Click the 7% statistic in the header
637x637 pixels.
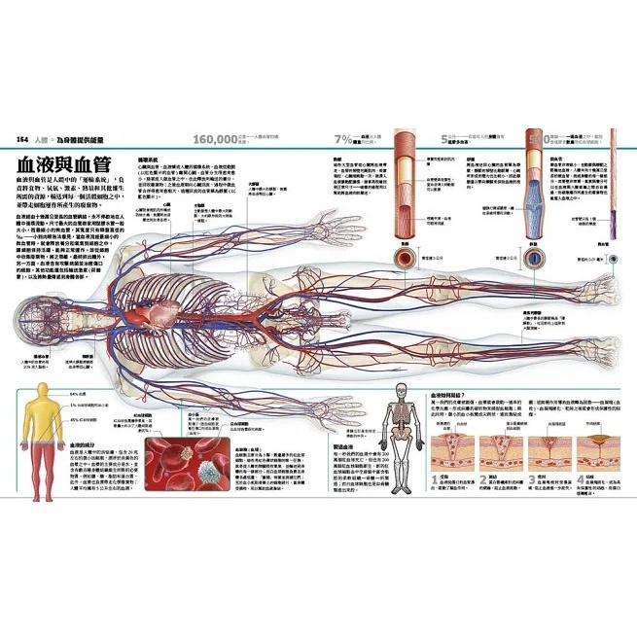342,139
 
